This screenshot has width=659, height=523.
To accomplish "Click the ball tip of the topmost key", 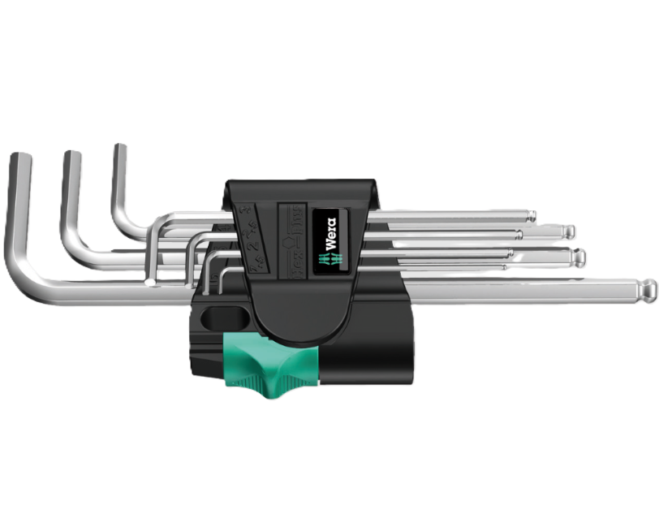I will coord(531,216).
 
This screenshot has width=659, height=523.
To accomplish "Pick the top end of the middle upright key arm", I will coord(71,156).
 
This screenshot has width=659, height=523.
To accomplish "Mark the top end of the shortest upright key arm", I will coord(119,149).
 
